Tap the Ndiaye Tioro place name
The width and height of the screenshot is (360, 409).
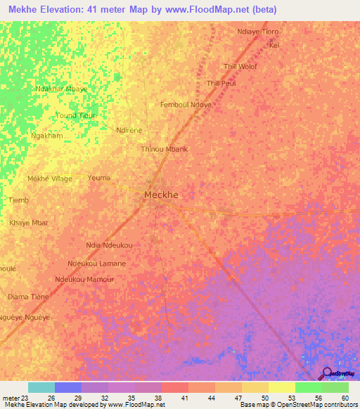pyautogui.click(x=259, y=32)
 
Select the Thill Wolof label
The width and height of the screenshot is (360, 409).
pyautogui.click(x=240, y=67)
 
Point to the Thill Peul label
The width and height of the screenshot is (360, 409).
pyautogui.click(x=221, y=84)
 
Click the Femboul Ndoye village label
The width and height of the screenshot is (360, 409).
pyautogui.click(x=186, y=105)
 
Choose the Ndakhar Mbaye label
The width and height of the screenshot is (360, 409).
pyautogui.click(x=61, y=89)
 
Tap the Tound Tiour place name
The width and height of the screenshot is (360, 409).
pyautogui.click(x=76, y=115)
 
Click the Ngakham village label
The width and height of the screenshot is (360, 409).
pyautogui.click(x=47, y=136)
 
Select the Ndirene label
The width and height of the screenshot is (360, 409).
pyautogui.click(x=130, y=130)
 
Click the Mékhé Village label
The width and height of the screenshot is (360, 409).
pyautogui.click(x=50, y=178)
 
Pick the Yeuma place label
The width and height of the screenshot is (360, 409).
pyautogui.click(x=99, y=178)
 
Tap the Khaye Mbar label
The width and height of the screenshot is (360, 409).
pyautogui.click(x=29, y=223)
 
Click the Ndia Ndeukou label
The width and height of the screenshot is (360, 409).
pyautogui.click(x=109, y=245)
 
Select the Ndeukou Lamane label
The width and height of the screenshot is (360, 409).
pyautogui.click(x=97, y=264)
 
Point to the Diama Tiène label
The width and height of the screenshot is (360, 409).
pyautogui.click(x=28, y=297)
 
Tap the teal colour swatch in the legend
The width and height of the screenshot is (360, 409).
pyautogui.click(x=41, y=387)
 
